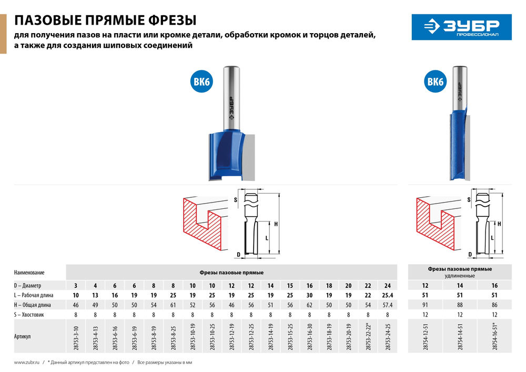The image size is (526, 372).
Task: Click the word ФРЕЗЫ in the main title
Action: coord(169,21)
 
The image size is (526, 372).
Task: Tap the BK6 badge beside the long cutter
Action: coord(435,83)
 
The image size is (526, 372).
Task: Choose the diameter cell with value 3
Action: coord(75,285)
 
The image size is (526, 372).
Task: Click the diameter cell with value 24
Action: coord(388,285)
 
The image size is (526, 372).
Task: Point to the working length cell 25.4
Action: coord(388,295)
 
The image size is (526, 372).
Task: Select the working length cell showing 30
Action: coord(309,295)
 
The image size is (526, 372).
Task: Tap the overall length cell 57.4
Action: coord(388,304)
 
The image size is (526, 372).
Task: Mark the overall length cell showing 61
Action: coord(173,304)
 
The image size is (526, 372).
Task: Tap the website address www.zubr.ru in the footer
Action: coord(28,363)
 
